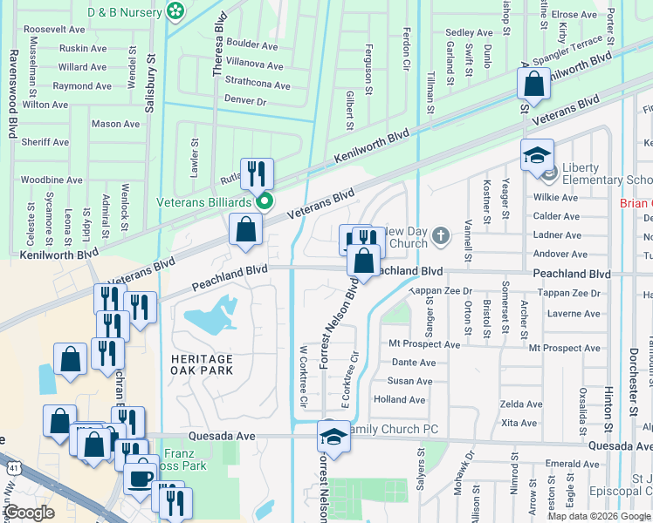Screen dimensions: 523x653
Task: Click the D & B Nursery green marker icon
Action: click(x=176, y=10)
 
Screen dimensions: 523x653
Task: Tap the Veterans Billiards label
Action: click(x=204, y=202)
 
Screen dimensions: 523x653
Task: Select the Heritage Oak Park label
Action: click(x=203, y=364)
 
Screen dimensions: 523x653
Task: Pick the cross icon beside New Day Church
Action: click(x=442, y=234)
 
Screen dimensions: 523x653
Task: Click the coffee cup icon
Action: click(x=141, y=477)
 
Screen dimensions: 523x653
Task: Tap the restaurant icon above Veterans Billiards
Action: click(x=257, y=173)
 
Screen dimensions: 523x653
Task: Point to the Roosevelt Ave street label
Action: click(x=54, y=29)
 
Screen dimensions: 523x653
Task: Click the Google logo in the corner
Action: click(x=30, y=512)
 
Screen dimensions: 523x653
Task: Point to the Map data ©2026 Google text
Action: click(x=599, y=516)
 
